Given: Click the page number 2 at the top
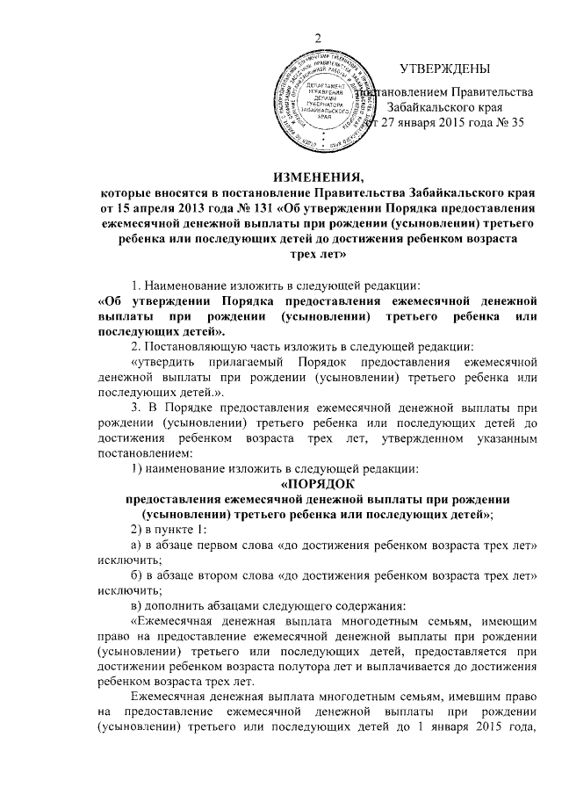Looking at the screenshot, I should point(320,37).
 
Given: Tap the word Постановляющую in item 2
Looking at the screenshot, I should point(198,345).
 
